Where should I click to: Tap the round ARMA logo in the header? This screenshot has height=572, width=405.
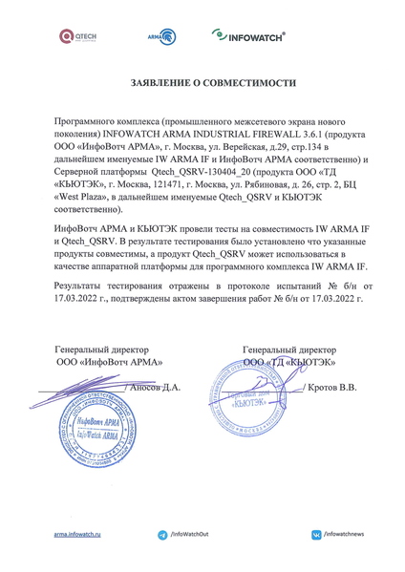(163, 37)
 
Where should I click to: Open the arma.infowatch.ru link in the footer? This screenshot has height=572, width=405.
(78, 538)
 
